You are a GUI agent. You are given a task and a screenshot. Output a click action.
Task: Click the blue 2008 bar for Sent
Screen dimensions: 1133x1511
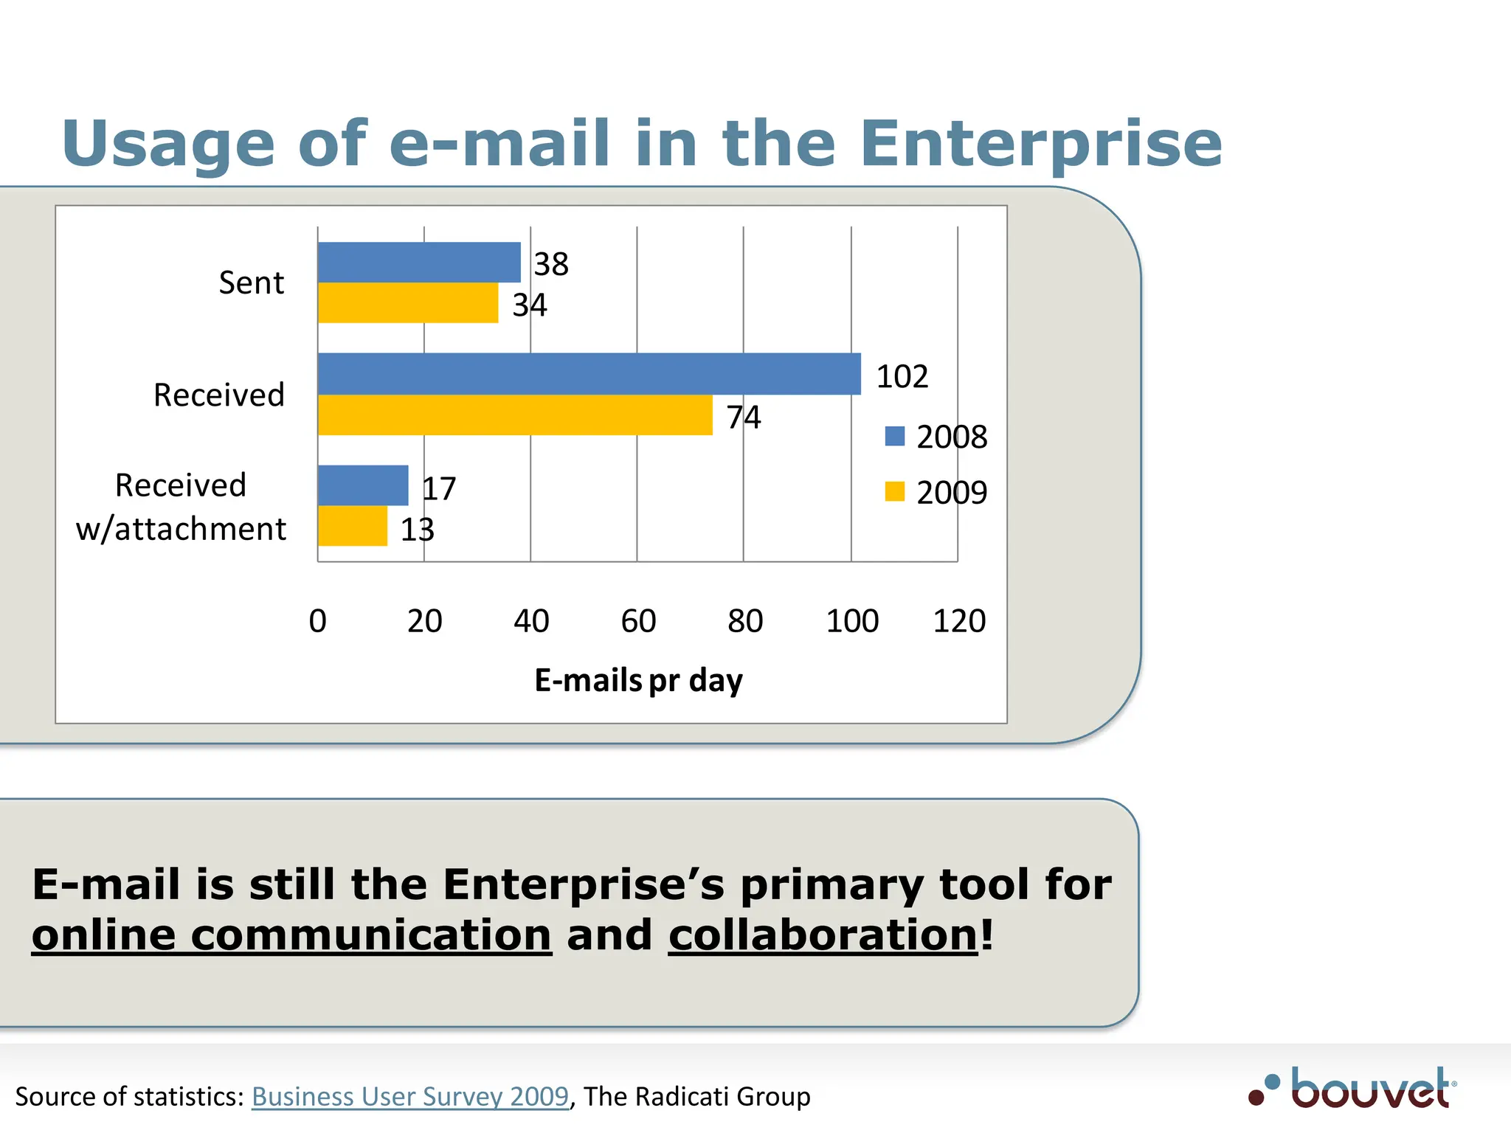[x=419, y=263]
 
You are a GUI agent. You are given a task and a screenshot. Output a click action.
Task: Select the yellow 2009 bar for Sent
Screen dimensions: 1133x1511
[x=408, y=303]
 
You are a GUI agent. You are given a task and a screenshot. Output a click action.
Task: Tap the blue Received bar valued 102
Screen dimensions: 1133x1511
[x=589, y=374]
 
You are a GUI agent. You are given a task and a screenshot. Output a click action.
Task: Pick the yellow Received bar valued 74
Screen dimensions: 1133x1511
[x=515, y=415]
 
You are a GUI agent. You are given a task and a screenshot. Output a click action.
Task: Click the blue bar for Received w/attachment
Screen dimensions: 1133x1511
[x=363, y=485]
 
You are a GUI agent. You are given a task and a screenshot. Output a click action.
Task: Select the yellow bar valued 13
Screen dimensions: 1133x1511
[x=353, y=526]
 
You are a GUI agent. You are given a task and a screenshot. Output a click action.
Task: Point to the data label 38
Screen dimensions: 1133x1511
[x=551, y=264]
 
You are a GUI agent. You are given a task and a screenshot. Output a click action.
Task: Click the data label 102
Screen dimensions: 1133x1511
[x=902, y=377]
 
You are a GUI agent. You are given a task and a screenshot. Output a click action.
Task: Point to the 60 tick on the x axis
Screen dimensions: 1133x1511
[x=638, y=621]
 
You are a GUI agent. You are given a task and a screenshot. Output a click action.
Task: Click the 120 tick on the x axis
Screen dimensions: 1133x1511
[x=958, y=621]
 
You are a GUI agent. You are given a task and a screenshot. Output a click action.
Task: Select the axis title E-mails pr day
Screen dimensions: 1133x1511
[x=638, y=680]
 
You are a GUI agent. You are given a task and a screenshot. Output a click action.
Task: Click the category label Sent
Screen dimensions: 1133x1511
[x=251, y=283]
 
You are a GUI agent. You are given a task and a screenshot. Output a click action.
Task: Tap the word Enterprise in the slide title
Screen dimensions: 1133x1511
[x=1040, y=144]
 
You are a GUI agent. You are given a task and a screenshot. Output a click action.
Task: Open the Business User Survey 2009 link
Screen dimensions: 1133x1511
[x=410, y=1097]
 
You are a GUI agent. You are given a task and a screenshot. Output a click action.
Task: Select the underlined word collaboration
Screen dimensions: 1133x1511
[x=823, y=935]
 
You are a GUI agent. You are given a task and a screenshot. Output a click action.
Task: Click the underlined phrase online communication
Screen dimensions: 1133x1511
[x=291, y=935]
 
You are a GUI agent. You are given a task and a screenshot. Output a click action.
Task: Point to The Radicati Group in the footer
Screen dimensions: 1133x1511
[x=697, y=1097]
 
